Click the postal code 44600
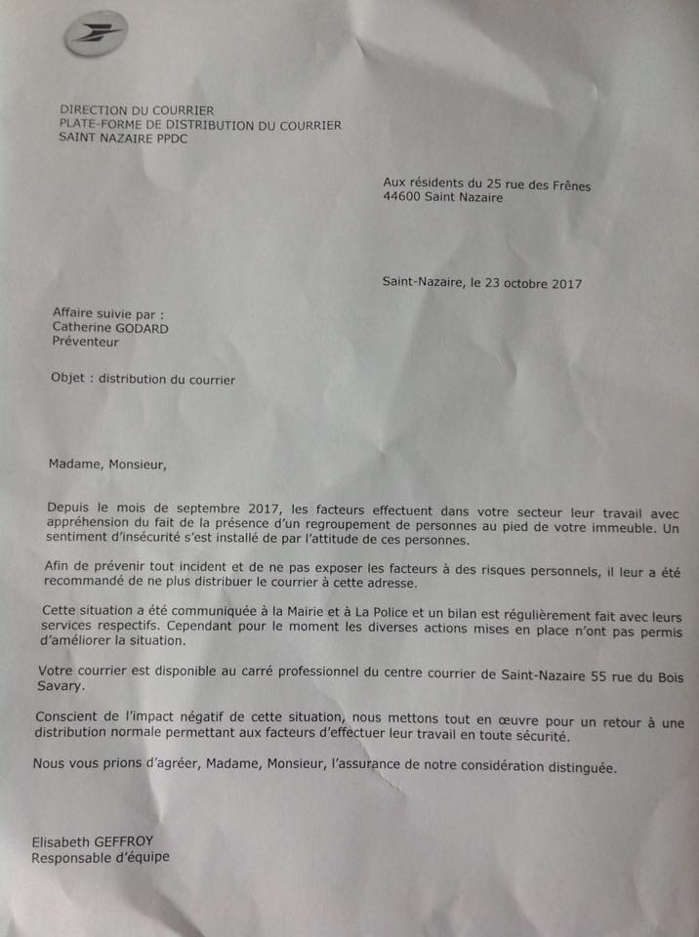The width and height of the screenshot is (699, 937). pyautogui.click(x=404, y=197)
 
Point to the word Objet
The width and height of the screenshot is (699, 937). pyautogui.click(x=67, y=380)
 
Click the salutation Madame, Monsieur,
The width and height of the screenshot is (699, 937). pyautogui.click(x=107, y=464)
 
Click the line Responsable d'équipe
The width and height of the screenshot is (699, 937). pyautogui.click(x=101, y=858)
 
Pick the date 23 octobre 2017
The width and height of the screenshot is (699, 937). pyautogui.click(x=531, y=284)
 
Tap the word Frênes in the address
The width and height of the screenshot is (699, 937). pyautogui.click(x=569, y=183)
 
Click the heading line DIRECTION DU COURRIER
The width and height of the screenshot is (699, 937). pyautogui.click(x=137, y=111)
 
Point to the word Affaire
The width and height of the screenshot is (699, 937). pyautogui.click(x=75, y=313)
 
